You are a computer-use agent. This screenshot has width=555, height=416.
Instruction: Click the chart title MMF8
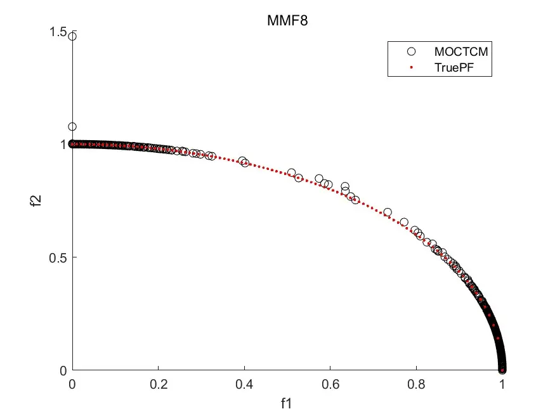[287, 20]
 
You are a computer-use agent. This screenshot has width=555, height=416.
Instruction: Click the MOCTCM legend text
[461, 51]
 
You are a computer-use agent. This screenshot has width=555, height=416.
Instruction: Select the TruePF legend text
[454, 67]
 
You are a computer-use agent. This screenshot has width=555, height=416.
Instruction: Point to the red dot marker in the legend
[411, 67]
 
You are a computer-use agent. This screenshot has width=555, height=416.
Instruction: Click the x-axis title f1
[286, 403]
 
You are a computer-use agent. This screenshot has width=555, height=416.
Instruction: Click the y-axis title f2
[36, 200]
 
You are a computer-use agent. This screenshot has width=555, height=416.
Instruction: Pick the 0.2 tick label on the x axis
[158, 384]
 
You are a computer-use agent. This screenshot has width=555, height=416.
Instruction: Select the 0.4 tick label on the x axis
[244, 384]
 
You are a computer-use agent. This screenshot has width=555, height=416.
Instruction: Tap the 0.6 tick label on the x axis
[330, 384]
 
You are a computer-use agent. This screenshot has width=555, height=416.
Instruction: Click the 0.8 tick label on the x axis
[416, 384]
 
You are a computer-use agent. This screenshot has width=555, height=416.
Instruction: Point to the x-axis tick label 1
[502, 384]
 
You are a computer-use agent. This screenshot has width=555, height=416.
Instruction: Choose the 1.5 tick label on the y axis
[58, 32]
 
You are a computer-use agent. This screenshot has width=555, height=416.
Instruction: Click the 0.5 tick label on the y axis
[58, 257]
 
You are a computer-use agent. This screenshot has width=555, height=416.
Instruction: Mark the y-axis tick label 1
[63, 145]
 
